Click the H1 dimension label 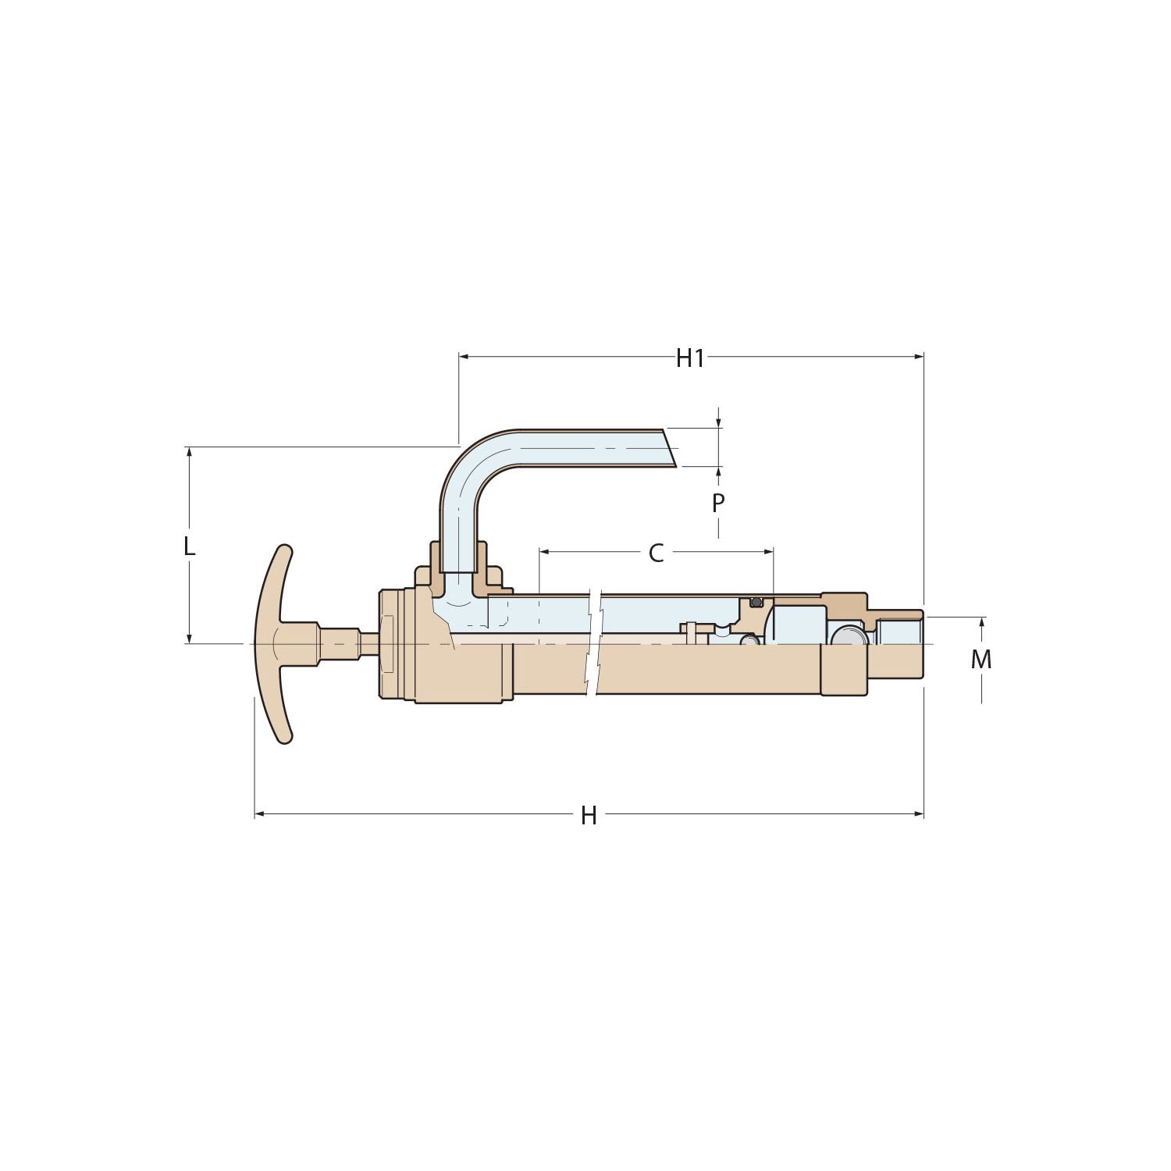pyautogui.click(x=690, y=358)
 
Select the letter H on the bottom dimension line pyautogui.click(x=589, y=816)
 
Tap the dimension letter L pyautogui.click(x=189, y=546)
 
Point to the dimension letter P pyautogui.click(x=718, y=504)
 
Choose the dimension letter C pyautogui.click(x=656, y=553)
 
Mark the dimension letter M pyautogui.click(x=981, y=660)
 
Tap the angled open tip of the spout pyautogui.click(x=668, y=448)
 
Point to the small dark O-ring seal pyautogui.click(x=755, y=602)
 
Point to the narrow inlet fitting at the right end pyautogui.click(x=898, y=644)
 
